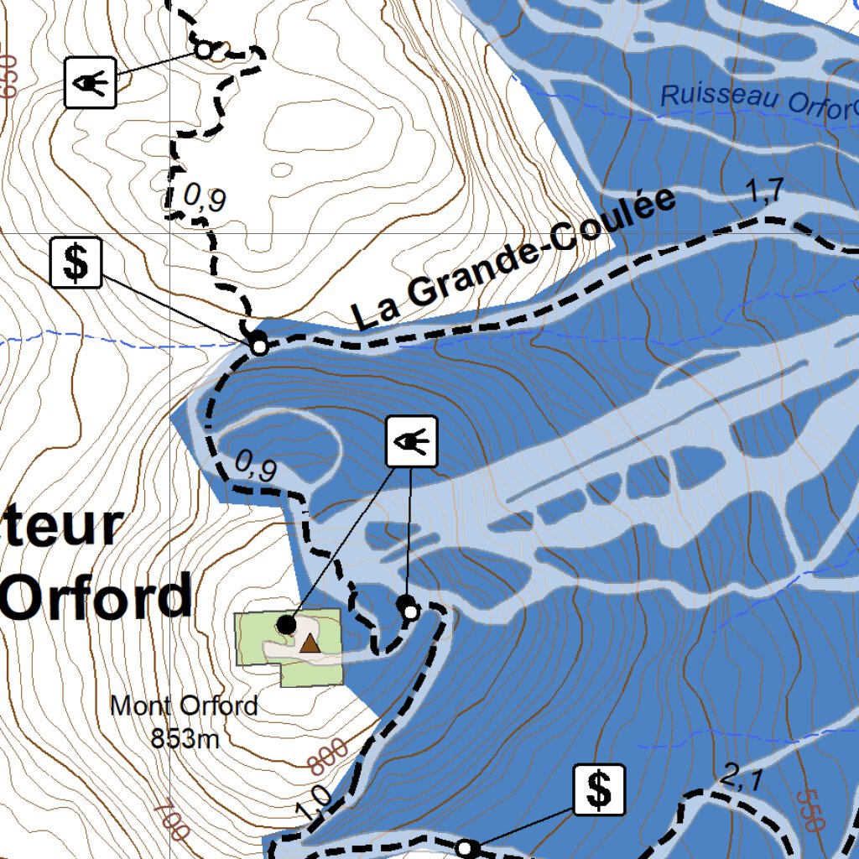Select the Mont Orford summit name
(184, 706)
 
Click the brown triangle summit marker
(310, 643)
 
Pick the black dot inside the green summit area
(286, 625)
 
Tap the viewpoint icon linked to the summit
(411, 441)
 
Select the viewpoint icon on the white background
(90, 82)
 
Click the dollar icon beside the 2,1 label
(600, 789)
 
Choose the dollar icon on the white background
(76, 263)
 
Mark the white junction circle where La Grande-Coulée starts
(259, 346)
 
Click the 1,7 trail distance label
(764, 192)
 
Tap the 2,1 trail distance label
(741, 780)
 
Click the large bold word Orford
(96, 596)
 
